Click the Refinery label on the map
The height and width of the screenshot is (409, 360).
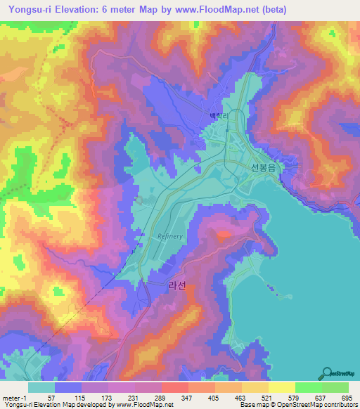(x=170, y=236)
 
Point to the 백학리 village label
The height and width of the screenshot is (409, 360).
(x=220, y=117)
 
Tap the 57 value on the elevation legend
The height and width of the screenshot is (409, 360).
(x=51, y=397)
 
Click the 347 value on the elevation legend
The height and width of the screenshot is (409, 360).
(x=187, y=397)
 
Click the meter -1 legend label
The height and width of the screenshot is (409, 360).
(x=15, y=397)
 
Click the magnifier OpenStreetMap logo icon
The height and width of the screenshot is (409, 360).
(x=326, y=372)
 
